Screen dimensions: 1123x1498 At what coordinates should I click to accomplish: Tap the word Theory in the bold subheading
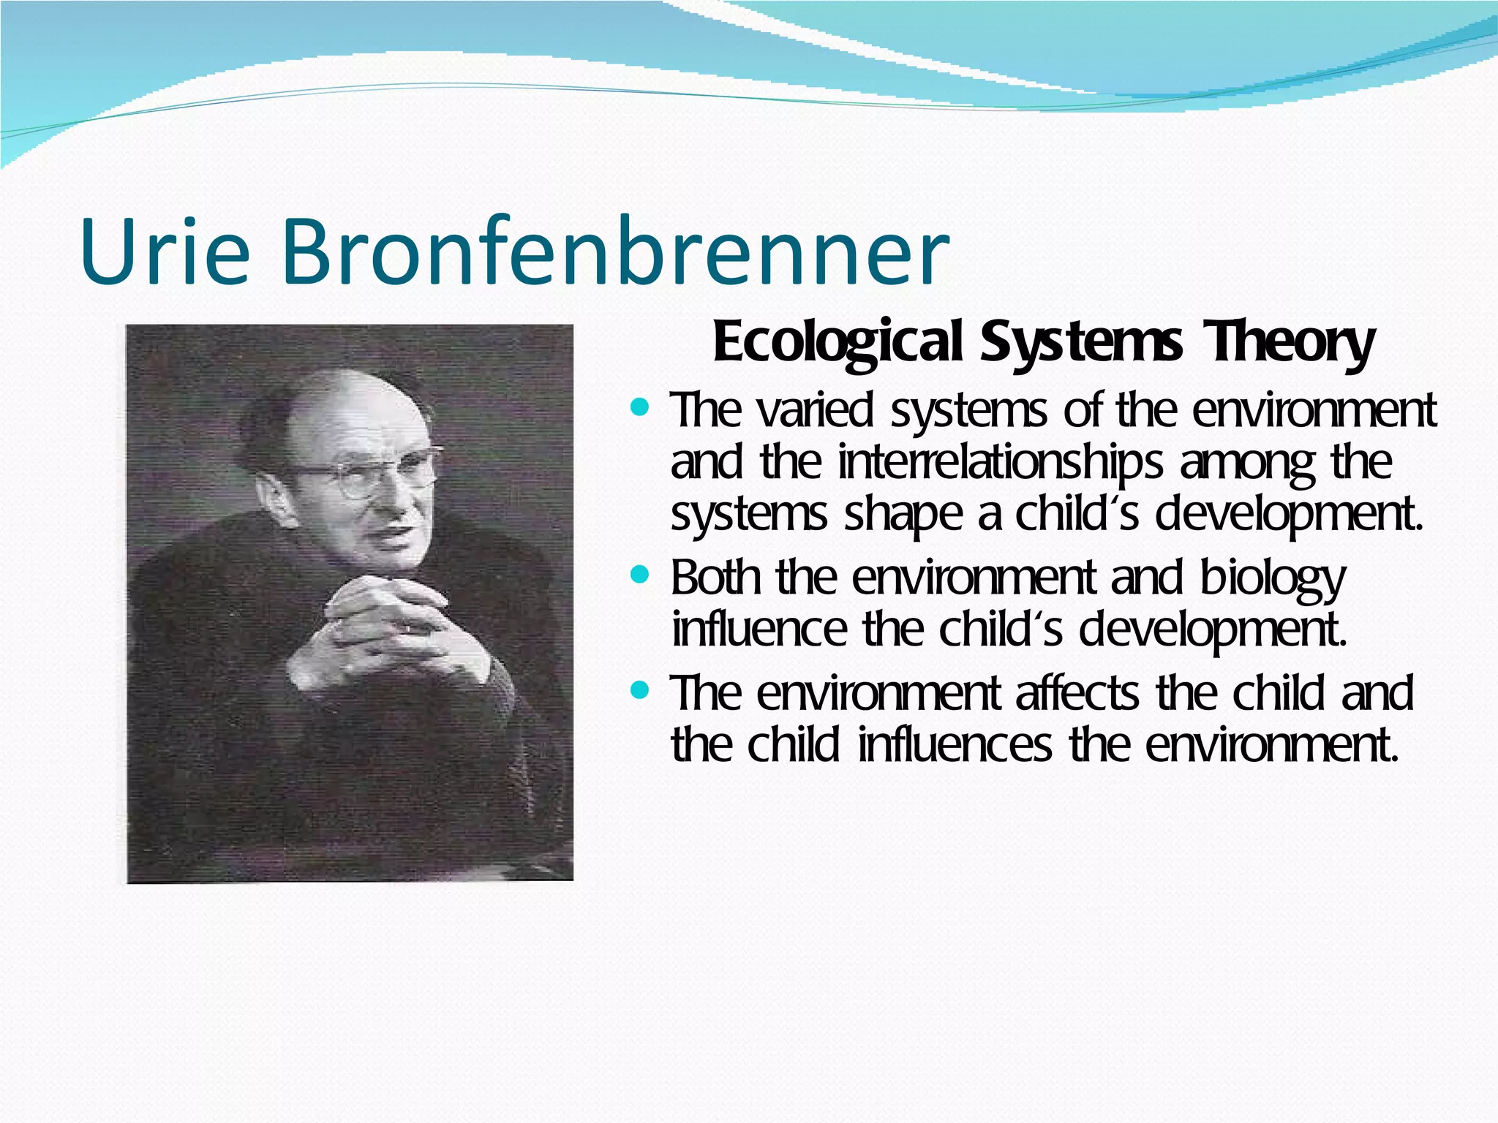pyautogui.click(x=1290, y=342)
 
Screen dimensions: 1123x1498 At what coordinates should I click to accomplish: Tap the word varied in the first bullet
pyautogui.click(x=816, y=411)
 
